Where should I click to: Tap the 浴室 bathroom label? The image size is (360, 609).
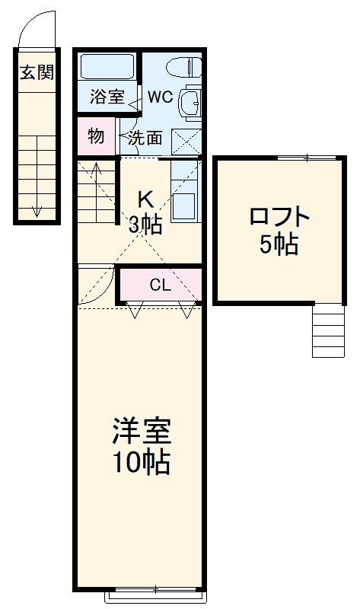[107, 97]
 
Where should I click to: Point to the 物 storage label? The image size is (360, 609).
[96, 136]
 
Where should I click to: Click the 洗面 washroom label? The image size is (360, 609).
[145, 138]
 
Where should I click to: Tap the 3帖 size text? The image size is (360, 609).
[145, 224]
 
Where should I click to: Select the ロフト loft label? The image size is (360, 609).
[280, 217]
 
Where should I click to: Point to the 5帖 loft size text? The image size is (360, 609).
[280, 245]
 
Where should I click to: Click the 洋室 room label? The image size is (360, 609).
[141, 432]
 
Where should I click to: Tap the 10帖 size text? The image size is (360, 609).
[141, 462]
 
